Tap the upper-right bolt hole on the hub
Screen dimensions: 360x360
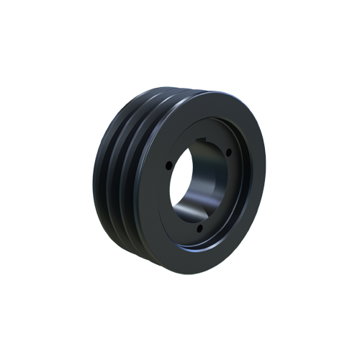(228, 152)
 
